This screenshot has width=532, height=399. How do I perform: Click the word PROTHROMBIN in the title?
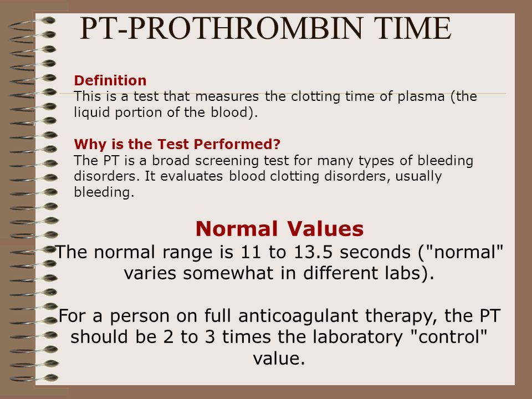point(245,28)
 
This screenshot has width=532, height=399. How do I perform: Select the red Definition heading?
point(110,80)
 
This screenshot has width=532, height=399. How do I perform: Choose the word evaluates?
point(192,176)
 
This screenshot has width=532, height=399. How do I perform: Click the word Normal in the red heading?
point(237,228)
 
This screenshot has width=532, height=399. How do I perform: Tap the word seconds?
point(375,252)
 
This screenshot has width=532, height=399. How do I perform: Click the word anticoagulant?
point(298,316)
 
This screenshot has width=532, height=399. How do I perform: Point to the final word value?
point(279,359)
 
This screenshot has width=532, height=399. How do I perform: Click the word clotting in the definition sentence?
point(315,97)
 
